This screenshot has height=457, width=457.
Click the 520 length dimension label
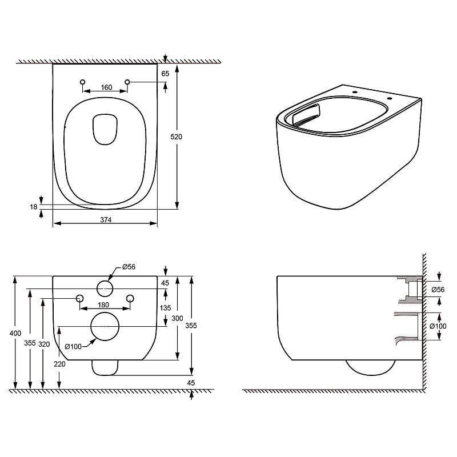pyautogui.click(x=176, y=137)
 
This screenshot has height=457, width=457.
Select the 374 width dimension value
pyautogui.click(x=106, y=220)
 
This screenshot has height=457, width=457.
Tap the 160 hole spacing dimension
pyautogui.click(x=106, y=87)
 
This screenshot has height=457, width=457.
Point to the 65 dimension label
pyautogui.click(x=165, y=74)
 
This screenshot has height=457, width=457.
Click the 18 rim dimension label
pyautogui.click(x=34, y=207)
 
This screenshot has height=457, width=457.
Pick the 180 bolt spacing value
pyautogui.click(x=103, y=305)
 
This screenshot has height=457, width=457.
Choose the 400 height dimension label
pyautogui.click(x=15, y=333)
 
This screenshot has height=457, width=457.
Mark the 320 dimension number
pyautogui.click(x=44, y=344)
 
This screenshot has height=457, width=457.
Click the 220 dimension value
pyautogui.click(x=59, y=364)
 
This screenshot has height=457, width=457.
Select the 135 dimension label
pyautogui.click(x=165, y=308)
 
